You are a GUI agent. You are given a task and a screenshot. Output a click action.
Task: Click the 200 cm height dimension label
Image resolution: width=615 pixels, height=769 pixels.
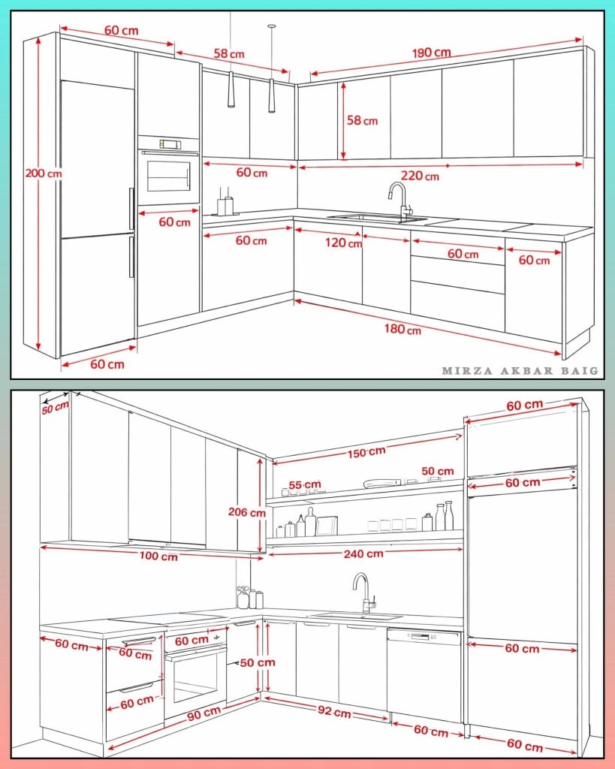point(44,173)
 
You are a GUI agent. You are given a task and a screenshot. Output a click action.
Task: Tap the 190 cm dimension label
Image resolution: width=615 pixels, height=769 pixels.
point(431,52)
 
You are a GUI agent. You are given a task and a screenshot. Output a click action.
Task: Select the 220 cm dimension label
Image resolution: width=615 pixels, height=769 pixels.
point(420,175)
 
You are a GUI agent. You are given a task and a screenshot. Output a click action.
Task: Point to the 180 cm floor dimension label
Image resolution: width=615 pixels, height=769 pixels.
point(402,329)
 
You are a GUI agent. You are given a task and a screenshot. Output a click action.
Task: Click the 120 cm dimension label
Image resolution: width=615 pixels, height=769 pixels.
point(343,243)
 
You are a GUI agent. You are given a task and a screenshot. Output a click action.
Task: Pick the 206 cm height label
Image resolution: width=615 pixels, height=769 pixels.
point(247,512)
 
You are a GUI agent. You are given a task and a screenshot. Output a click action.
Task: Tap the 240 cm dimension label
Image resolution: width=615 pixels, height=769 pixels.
point(363,553)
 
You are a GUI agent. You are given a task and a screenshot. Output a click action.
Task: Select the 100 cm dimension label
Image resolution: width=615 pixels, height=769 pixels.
point(158,556)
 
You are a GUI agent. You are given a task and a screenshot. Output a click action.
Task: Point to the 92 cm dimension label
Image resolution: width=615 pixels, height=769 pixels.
point(334,711)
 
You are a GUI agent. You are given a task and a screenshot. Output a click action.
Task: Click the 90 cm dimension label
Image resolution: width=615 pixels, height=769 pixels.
point(204,713)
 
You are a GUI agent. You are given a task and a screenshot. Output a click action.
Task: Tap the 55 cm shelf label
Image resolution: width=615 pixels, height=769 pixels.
point(305,485)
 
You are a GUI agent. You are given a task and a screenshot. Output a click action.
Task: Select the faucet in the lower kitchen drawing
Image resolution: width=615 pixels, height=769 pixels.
point(364,593)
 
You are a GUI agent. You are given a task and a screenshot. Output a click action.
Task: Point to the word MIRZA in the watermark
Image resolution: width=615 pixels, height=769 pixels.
point(467,371)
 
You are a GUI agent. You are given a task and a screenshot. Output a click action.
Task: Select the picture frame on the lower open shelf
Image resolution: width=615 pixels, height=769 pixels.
point(327,526)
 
